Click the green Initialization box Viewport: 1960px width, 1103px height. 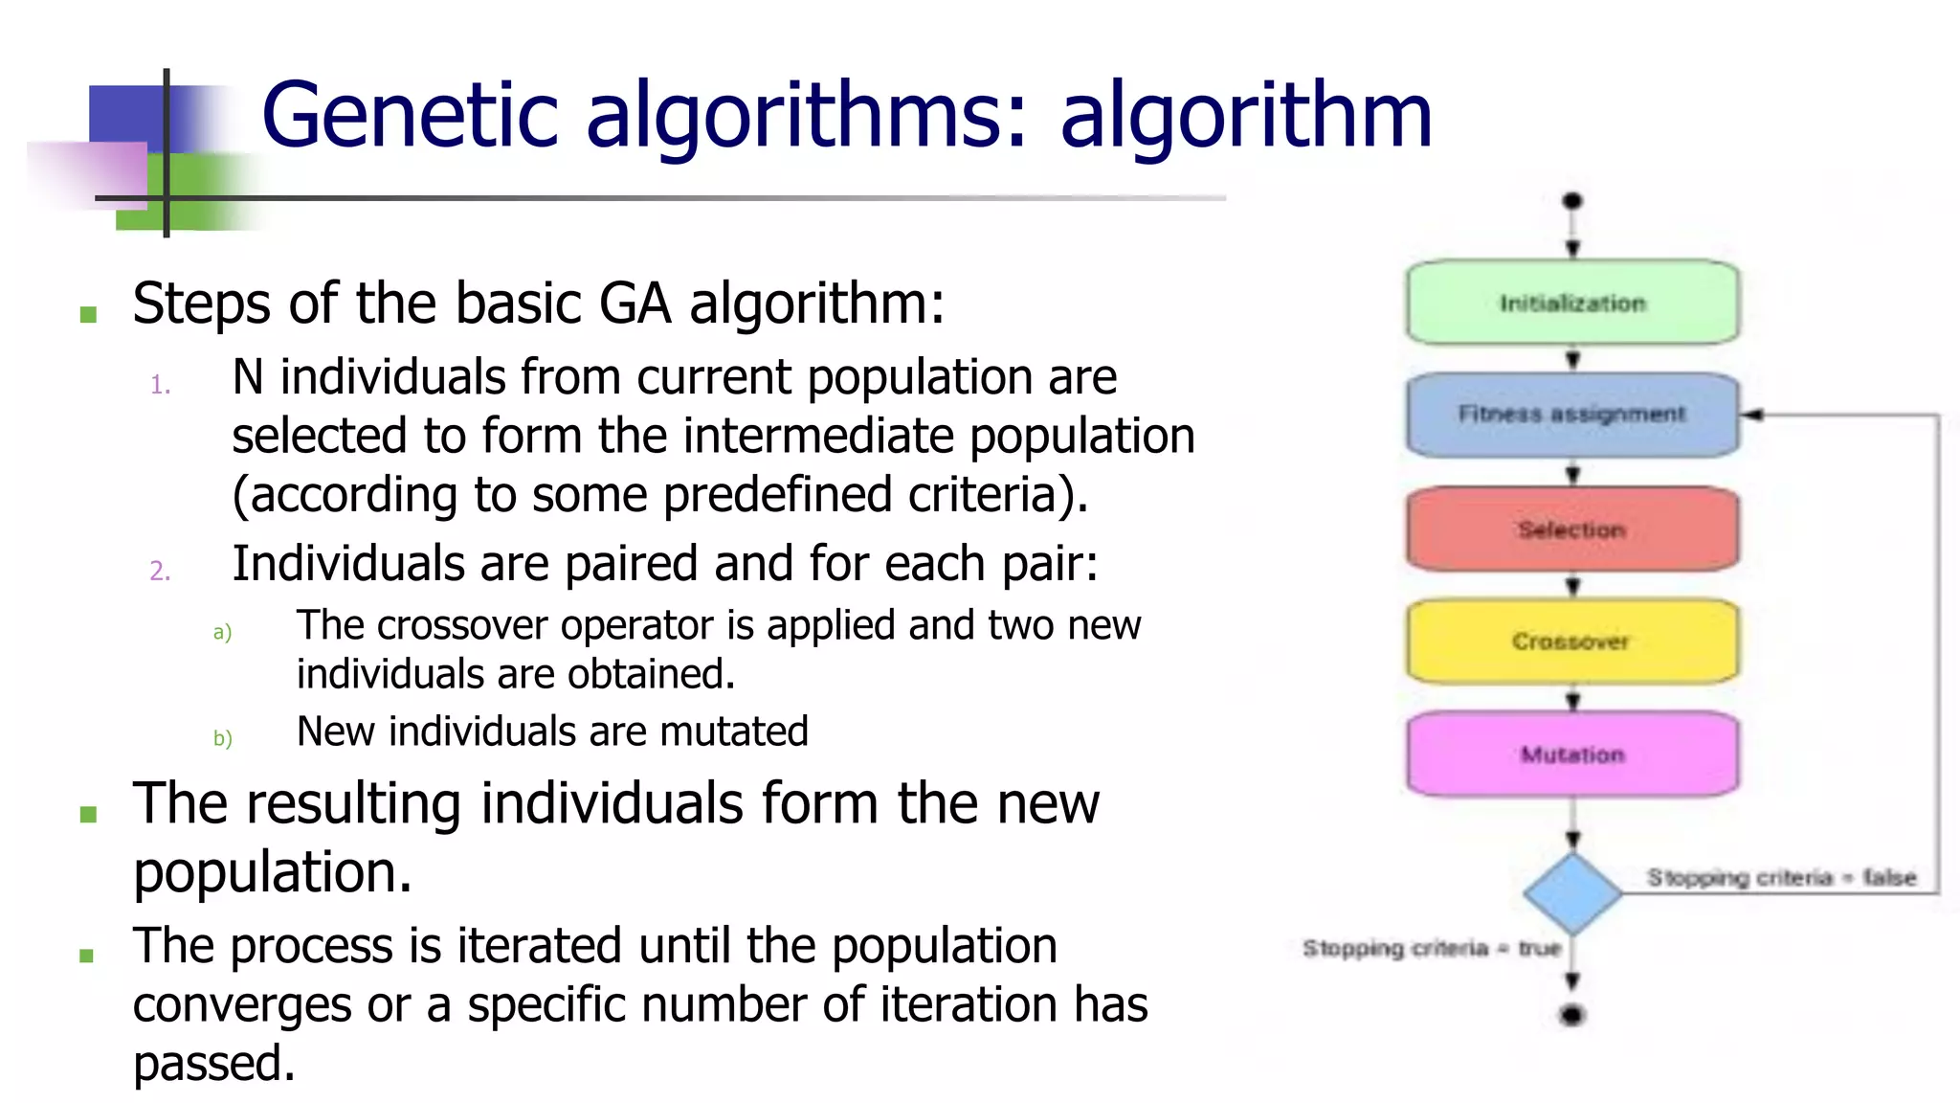point(1571,303)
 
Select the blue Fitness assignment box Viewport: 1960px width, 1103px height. point(1571,415)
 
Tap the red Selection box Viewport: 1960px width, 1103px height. point(1571,529)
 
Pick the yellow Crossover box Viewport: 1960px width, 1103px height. point(1571,641)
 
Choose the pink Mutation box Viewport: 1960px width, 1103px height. point(1571,754)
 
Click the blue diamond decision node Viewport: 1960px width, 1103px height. point(1571,893)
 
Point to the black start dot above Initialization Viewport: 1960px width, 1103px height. point(1571,201)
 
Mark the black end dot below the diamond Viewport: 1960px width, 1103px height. point(1571,1015)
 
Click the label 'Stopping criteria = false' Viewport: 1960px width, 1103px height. point(1781,877)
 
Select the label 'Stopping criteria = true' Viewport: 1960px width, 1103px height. point(1431,948)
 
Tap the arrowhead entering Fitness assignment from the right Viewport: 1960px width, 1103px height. point(1752,415)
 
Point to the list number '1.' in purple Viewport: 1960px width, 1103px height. point(161,386)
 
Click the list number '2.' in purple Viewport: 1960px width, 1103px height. point(161,572)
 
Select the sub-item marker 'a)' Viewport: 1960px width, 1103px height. point(222,633)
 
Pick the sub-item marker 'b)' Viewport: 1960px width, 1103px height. point(222,738)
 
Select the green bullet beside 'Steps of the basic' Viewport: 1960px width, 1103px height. point(89,314)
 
